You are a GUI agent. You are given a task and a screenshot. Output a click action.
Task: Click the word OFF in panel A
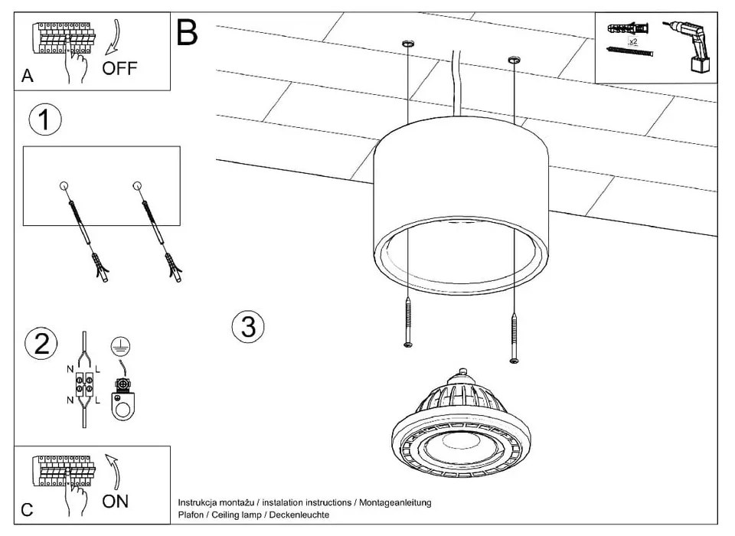pos(120,68)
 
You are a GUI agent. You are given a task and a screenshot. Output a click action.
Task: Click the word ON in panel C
pos(116,502)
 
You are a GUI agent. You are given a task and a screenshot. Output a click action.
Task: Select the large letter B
pos(187,33)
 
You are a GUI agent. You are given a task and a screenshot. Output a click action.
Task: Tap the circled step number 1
pos(44,120)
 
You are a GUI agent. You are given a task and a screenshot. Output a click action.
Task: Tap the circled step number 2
pos(41,343)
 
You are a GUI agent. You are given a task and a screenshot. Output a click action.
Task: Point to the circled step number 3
pos(248,326)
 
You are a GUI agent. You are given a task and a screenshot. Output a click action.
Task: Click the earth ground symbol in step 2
pos(119,345)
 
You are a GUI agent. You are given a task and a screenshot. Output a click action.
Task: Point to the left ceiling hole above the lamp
pos(408,45)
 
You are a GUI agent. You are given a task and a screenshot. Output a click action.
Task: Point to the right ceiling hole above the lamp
pos(512,60)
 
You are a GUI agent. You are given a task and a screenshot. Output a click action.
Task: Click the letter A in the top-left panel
pos(28,76)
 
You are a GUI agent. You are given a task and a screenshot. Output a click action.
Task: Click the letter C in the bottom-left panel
pos(27,509)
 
